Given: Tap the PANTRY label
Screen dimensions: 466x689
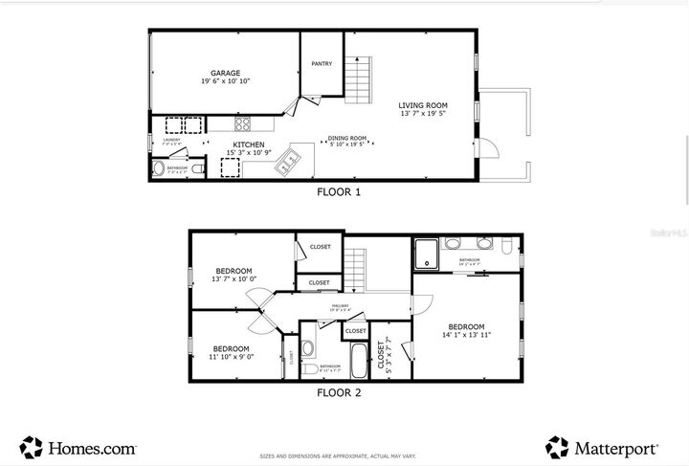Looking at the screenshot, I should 322,64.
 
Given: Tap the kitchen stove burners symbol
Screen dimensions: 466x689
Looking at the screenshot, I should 242,122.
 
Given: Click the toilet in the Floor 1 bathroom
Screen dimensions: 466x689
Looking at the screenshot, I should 159,170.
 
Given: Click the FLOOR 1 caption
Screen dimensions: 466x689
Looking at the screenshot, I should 339,191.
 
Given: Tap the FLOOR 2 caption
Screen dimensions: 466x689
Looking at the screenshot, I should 339,392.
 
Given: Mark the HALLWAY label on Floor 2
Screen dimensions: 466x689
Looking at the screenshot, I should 340,308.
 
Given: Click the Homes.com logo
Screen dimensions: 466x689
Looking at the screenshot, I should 78,447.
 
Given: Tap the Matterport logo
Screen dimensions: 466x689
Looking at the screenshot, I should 603,447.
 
